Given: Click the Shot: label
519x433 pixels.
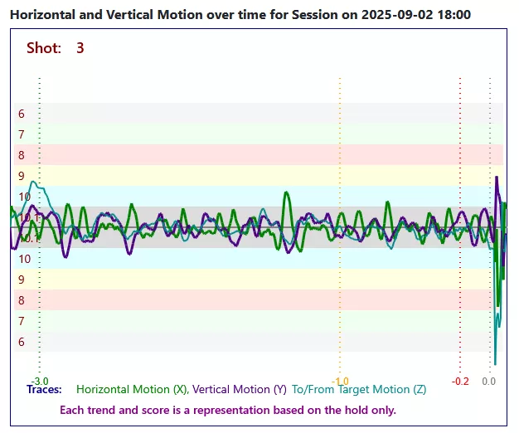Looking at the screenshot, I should (44, 48).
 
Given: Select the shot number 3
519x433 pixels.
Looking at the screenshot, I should (80, 48).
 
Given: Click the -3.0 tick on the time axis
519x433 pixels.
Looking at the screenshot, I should (40, 381).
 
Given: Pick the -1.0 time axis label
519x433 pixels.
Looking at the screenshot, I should (340, 381).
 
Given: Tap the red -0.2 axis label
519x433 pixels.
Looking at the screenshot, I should (460, 381).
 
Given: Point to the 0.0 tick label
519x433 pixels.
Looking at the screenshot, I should (489, 381).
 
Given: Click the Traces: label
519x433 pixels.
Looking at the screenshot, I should (44, 389).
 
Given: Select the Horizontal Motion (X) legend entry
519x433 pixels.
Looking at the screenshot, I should (131, 389).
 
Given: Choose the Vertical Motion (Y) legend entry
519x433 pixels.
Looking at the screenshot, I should (240, 389).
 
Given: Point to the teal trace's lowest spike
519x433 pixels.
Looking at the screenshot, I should (495, 363).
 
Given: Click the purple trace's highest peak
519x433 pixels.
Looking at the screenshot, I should (497, 178).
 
